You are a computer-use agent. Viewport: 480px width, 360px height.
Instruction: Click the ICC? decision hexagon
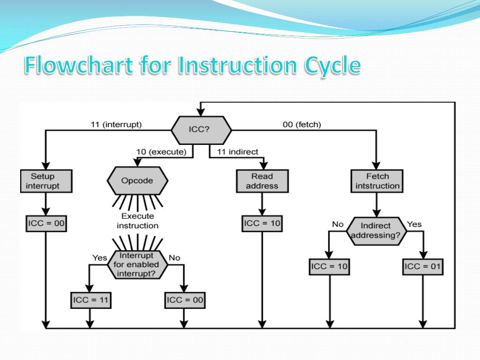[x=200, y=129]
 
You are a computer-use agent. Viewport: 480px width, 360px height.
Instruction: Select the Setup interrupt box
[x=45, y=181]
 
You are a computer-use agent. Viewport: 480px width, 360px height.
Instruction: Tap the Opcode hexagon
[x=137, y=180]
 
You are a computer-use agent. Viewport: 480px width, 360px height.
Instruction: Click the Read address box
[x=262, y=181]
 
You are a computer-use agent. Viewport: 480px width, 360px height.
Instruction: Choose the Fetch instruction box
[x=377, y=181]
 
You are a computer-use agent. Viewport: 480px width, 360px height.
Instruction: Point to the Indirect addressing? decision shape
[x=375, y=231]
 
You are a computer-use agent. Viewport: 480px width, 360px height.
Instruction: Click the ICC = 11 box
[x=91, y=300]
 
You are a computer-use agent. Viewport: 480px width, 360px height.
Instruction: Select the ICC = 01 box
[x=423, y=266]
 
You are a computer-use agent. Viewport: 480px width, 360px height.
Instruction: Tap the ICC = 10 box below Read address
[x=262, y=223]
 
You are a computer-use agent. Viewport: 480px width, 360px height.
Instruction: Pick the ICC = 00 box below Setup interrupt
[x=45, y=223]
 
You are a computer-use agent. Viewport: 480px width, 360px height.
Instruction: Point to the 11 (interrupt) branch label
[x=116, y=125]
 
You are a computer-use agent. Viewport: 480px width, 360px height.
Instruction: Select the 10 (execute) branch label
[x=161, y=152]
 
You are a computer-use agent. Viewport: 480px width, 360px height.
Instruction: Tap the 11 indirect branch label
[x=238, y=152]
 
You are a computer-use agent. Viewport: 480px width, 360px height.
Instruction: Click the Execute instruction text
[x=137, y=221]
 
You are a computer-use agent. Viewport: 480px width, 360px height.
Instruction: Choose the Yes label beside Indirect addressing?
[x=414, y=224]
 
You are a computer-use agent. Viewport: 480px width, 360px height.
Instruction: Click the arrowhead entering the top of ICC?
[x=200, y=112]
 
